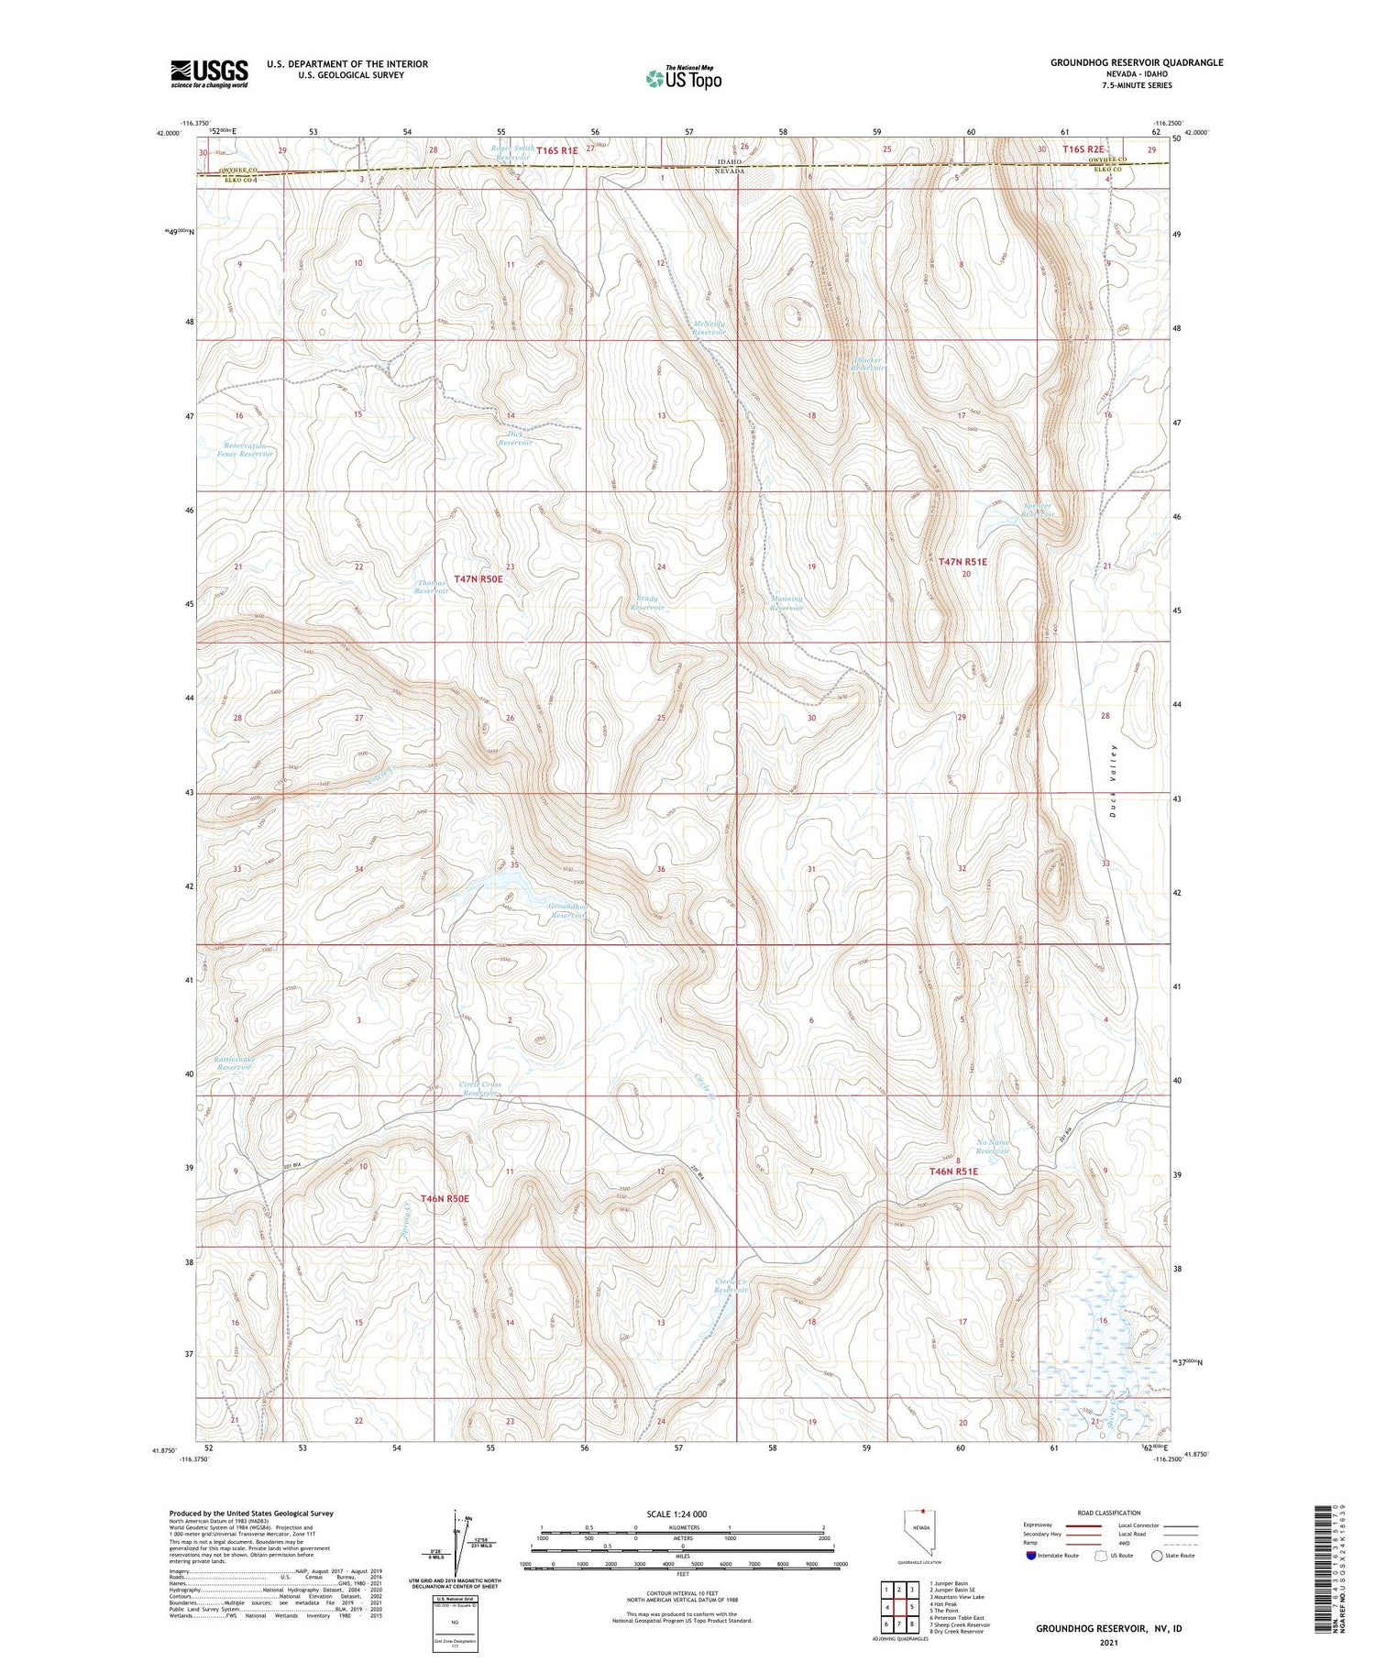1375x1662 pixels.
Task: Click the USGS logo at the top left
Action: coord(209,73)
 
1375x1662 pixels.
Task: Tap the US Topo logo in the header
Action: coord(684,78)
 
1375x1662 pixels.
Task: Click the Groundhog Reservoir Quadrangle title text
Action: coord(1136,62)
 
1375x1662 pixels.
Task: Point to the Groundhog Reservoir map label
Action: coord(567,910)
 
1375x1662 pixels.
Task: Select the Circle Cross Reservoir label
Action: coord(480,1088)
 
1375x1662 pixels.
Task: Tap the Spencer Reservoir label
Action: coord(1038,510)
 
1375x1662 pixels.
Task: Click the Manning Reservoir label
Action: coord(786,603)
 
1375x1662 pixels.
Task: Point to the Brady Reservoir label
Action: coord(647,603)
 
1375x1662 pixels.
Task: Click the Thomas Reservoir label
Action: coord(431,587)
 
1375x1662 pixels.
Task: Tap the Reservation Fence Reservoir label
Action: coord(245,449)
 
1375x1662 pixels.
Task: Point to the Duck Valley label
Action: coord(1114,779)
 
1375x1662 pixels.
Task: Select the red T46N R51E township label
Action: coord(953,1172)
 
